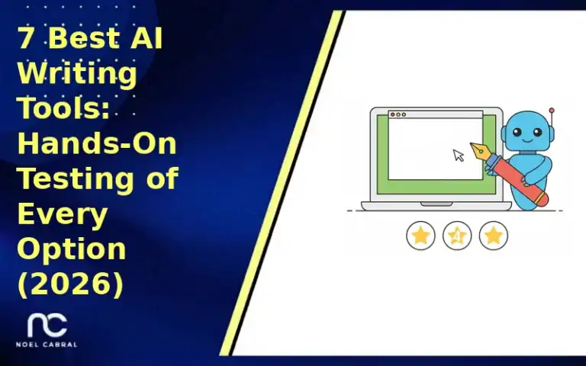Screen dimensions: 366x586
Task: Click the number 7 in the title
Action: click(x=27, y=39)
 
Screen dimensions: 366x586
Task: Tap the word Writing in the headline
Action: click(x=76, y=75)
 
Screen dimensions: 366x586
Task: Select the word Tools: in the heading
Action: click(x=64, y=109)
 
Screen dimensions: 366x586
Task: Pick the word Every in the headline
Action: click(x=63, y=213)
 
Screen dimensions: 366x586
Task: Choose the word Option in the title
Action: click(x=72, y=249)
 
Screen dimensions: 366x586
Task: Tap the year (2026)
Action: click(x=70, y=284)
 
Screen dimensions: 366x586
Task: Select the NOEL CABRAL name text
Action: click(x=47, y=344)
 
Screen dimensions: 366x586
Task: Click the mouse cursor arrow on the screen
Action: click(x=459, y=156)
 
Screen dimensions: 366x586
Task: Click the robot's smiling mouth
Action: click(x=526, y=140)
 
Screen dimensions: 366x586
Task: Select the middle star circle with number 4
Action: click(x=457, y=236)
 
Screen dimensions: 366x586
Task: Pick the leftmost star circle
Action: click(x=420, y=236)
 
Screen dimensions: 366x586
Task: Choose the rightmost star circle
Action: click(x=494, y=236)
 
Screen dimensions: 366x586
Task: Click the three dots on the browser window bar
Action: click(x=398, y=115)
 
